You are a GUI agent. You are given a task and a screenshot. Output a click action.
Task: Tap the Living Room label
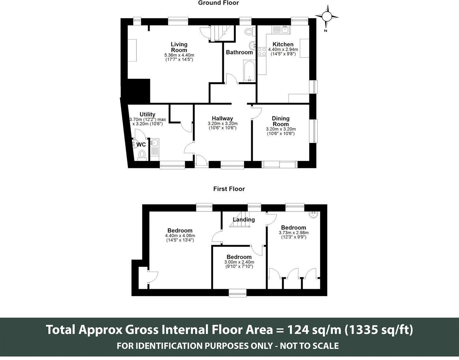pyautogui.click(x=179, y=47)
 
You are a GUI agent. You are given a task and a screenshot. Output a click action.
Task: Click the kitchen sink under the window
pyautogui.click(x=281, y=30)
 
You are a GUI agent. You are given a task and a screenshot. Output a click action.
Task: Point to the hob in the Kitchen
pyautogui.click(x=262, y=52)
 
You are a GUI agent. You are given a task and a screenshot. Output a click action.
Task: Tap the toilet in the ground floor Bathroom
pyautogui.click(x=249, y=32)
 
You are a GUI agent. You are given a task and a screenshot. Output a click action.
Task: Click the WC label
pyautogui.click(x=141, y=145)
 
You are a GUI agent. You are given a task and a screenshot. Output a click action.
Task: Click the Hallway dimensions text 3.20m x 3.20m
pyautogui.click(x=222, y=124)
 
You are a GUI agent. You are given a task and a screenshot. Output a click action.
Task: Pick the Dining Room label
pyautogui.click(x=281, y=121)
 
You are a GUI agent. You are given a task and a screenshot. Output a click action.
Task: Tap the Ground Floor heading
pyautogui.click(x=218, y=3)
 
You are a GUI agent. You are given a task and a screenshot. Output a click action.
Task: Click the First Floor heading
pyautogui.click(x=229, y=189)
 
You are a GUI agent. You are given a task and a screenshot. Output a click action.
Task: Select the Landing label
pyautogui.click(x=244, y=220)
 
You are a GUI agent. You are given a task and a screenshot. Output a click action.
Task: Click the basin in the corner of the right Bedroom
pyautogui.click(x=314, y=215)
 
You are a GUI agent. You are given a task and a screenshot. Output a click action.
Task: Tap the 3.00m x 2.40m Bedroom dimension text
pyautogui.click(x=239, y=262)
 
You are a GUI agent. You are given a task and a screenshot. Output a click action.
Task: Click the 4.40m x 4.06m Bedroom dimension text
pyautogui.click(x=180, y=236)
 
